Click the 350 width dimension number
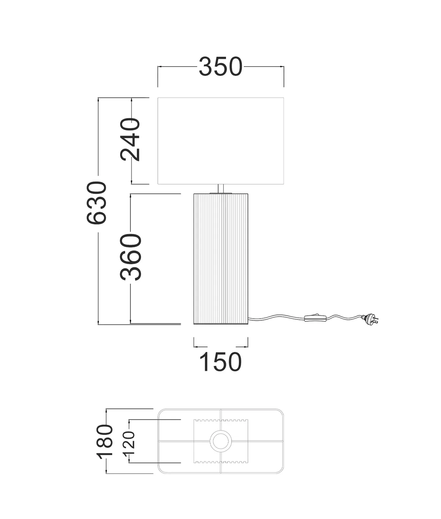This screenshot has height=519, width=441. (x=220, y=67)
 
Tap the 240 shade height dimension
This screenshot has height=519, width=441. (x=130, y=139)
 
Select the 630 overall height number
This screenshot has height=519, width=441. (x=97, y=203)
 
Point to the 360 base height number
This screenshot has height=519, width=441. (x=131, y=257)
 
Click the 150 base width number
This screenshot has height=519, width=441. (x=220, y=362)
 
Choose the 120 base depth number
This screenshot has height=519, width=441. (x=129, y=443)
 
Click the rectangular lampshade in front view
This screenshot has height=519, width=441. (x=220, y=141)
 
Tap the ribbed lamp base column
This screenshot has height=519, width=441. (x=221, y=259)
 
